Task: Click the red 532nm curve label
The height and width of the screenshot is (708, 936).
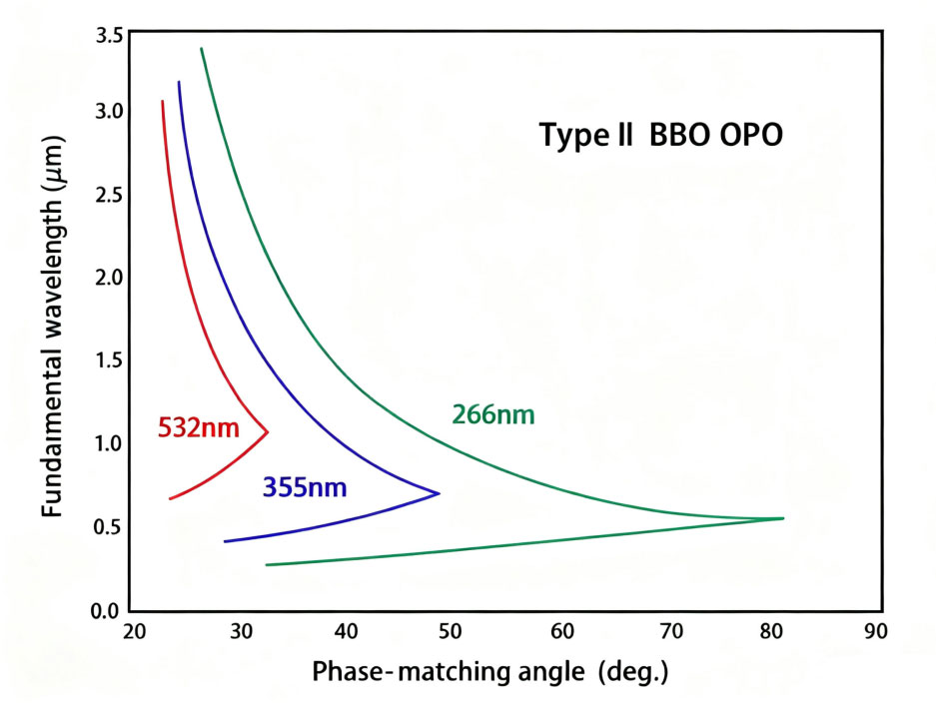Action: [198, 429]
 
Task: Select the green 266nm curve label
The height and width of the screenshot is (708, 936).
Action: [492, 414]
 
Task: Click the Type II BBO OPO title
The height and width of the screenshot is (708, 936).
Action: [660, 135]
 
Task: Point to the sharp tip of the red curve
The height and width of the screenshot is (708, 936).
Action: [268, 431]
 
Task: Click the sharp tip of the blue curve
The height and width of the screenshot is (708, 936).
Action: [439, 493]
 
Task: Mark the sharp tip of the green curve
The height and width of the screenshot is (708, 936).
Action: [783, 518]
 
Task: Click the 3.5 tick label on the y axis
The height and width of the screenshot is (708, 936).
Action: [110, 36]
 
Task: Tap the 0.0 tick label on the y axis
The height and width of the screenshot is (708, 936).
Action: [110, 610]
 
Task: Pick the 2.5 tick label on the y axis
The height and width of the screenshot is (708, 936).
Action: [110, 195]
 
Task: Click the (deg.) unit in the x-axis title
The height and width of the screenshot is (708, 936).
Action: [632, 671]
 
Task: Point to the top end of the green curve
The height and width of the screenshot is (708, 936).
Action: [202, 49]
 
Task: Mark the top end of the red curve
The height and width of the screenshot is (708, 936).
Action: [163, 101]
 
